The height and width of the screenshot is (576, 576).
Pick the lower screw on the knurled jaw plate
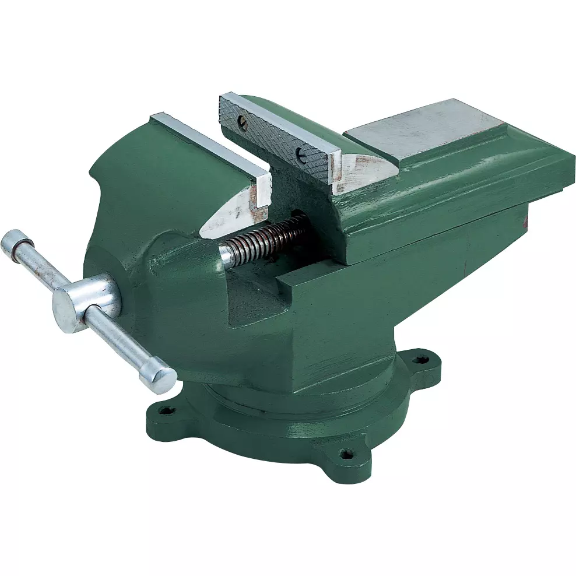(x=301, y=154)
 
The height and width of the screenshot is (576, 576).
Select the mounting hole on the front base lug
(x=347, y=452)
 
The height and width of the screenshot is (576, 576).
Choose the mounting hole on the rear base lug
(x=420, y=359)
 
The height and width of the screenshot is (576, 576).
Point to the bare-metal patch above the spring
(x=230, y=213)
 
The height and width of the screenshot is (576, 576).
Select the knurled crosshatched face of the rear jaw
(x=274, y=140)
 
